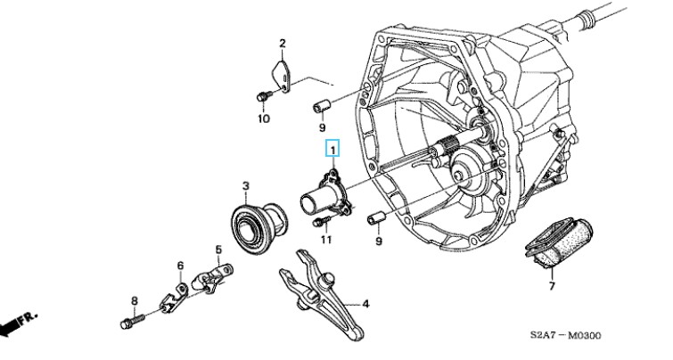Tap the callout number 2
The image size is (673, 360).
pos(282,43)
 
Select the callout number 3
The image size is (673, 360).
pos(244,186)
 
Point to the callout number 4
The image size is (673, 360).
pos(365,303)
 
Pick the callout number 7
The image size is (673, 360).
pos(551,286)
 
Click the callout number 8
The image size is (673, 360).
pos(135,300)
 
